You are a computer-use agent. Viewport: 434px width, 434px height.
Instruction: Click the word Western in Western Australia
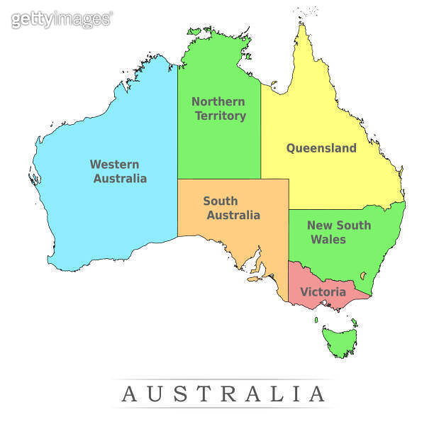coord(114,164)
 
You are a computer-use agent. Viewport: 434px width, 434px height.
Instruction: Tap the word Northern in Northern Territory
coord(218,101)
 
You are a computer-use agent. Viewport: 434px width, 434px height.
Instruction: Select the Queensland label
coord(321,148)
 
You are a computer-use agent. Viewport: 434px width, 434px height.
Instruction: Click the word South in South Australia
coord(221,201)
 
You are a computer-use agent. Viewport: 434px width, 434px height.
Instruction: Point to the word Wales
coord(328,240)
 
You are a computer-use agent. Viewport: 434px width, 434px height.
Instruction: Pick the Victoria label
coord(323,291)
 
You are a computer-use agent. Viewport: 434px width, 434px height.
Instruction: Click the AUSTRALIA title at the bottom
coord(223,394)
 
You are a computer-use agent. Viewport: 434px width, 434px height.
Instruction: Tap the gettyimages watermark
coord(61,19)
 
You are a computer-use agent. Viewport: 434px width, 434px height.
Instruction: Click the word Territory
coord(221,116)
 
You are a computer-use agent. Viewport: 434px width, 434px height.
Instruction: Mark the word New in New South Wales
coord(320,226)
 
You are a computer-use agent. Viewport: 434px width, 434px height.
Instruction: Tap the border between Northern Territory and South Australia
coord(220,179)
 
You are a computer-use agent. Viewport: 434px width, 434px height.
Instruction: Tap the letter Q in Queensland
coord(291,148)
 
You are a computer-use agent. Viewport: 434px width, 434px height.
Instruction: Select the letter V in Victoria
coord(304,291)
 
